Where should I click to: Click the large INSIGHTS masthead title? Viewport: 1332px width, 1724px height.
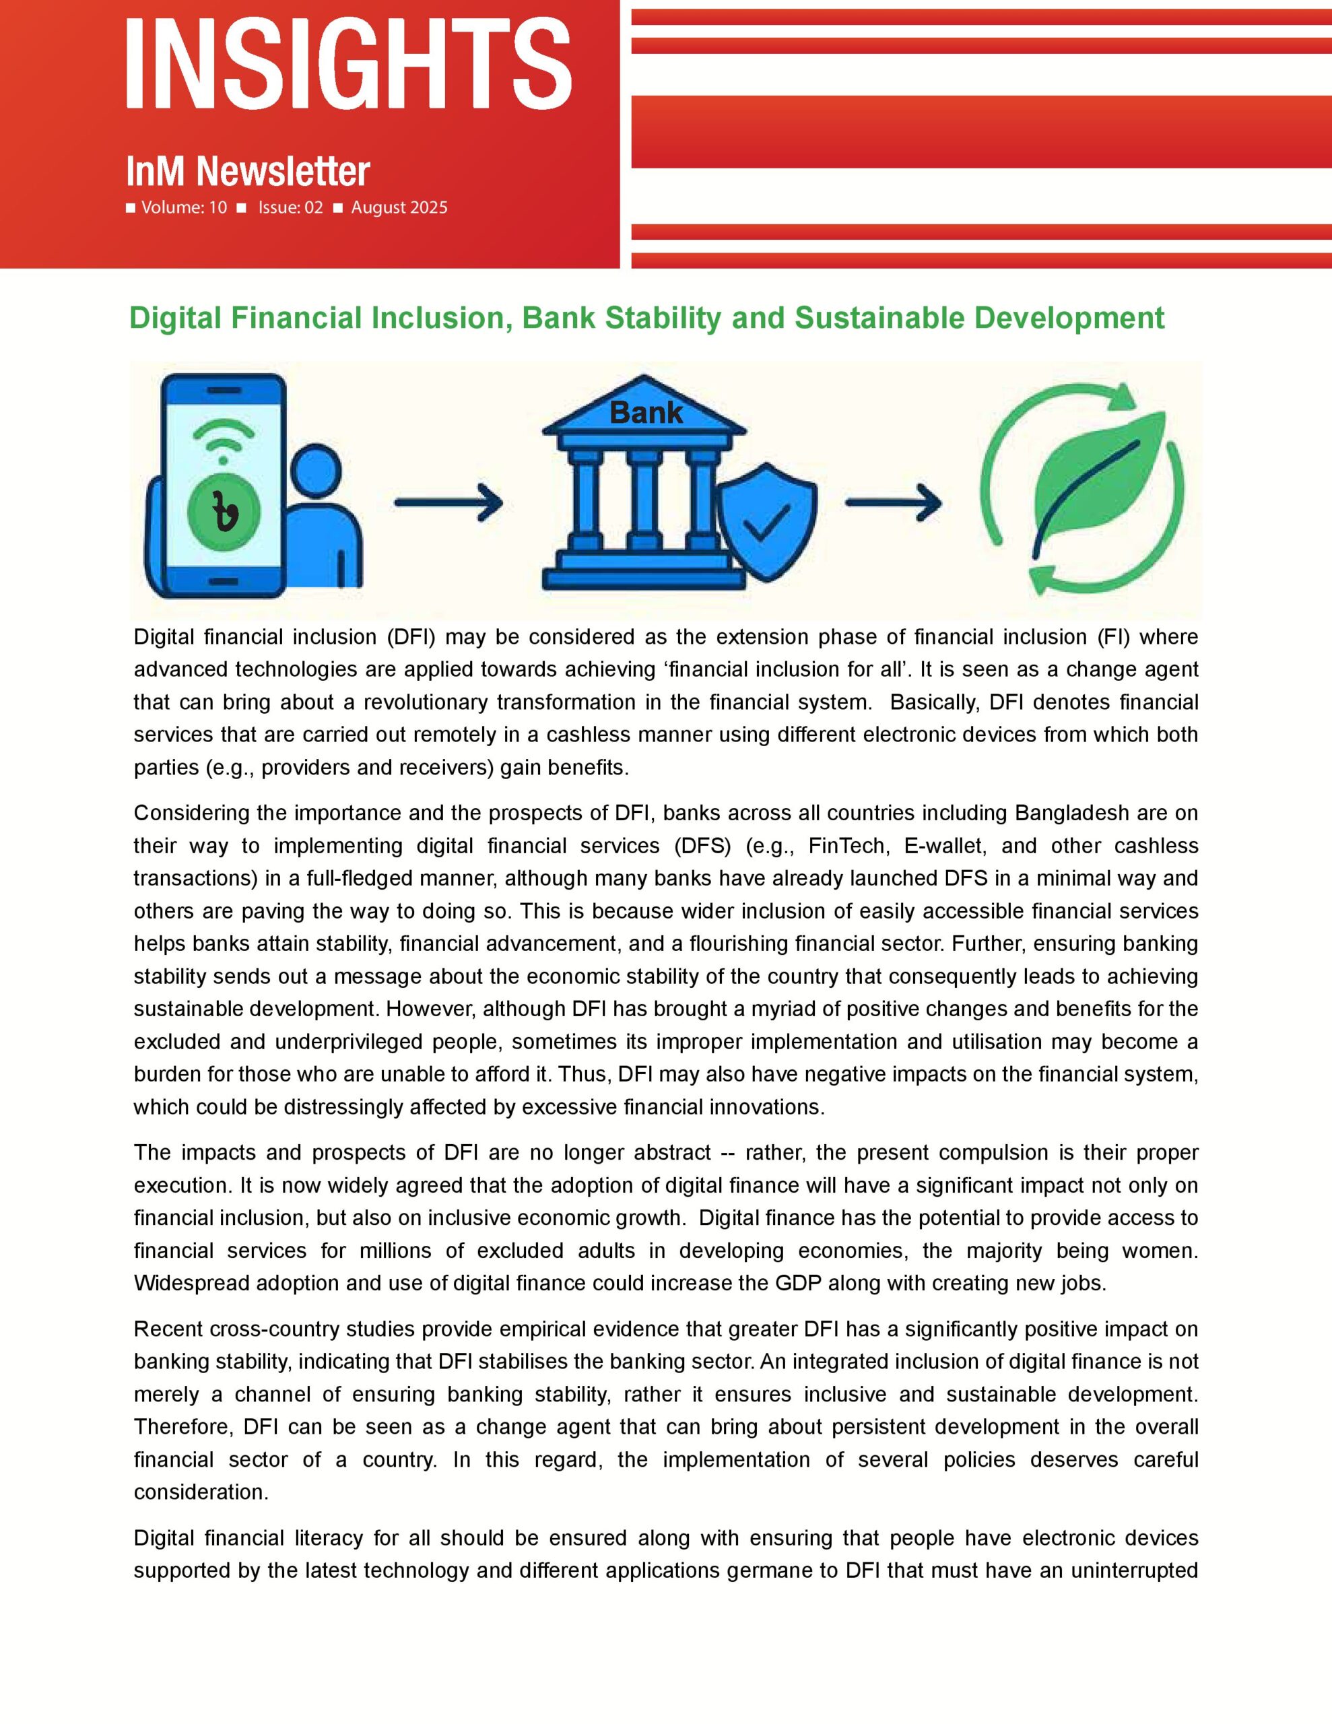348,63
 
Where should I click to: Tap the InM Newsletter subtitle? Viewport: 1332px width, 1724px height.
248,171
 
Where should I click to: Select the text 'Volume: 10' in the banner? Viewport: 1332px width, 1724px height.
184,207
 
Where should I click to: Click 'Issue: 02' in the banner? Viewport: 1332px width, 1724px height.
290,207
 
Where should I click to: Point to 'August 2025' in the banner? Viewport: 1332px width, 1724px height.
399,207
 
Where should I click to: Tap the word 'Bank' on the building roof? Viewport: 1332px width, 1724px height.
646,412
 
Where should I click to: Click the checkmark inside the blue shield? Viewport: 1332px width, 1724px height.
766,522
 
